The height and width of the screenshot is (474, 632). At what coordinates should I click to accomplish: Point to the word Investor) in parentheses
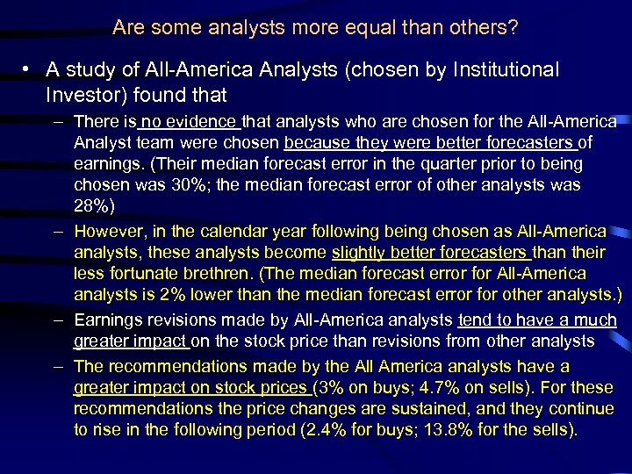pos(86,93)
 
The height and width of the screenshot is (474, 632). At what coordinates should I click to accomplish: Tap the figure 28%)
pos(95,205)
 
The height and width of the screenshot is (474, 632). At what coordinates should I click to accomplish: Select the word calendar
pos(232,232)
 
